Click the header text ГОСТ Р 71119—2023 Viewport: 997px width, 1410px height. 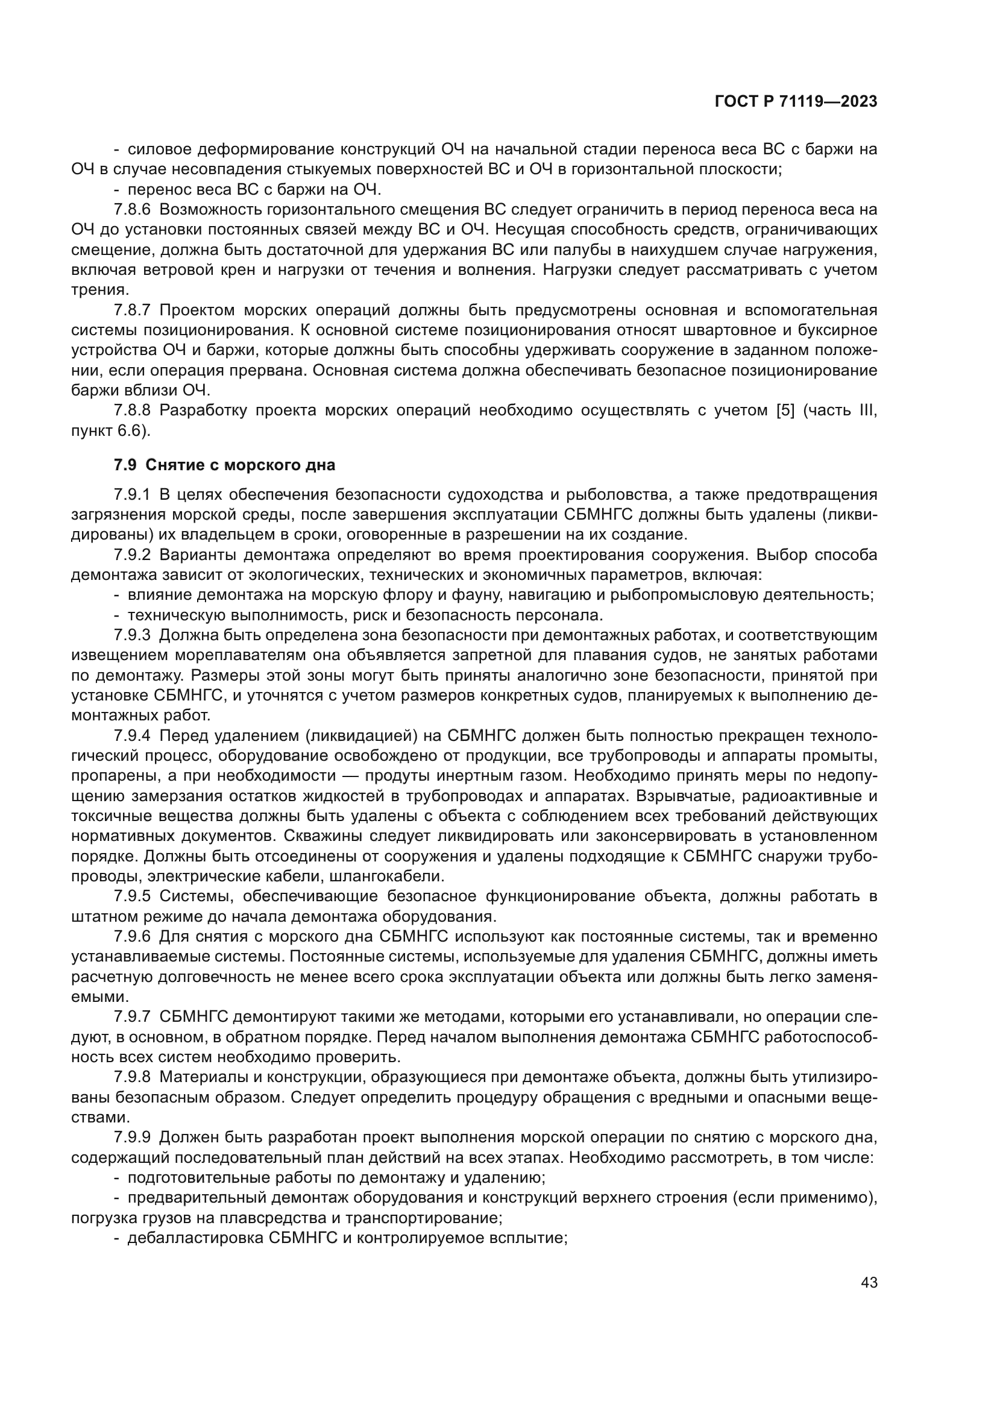click(x=796, y=101)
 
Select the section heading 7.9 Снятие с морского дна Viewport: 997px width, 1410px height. click(x=224, y=465)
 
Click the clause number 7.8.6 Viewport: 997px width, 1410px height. click(x=132, y=210)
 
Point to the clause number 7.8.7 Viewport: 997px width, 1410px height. click(x=132, y=310)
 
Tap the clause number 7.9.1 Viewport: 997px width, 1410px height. click(x=132, y=495)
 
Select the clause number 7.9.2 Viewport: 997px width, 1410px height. click(x=132, y=555)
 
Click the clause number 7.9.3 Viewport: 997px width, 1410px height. click(x=132, y=635)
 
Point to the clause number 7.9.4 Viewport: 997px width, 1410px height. click(x=132, y=735)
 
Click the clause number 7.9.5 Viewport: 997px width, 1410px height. click(x=132, y=896)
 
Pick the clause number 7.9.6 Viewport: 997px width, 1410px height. click(x=132, y=937)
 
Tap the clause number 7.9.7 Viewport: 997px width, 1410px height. click(x=132, y=1016)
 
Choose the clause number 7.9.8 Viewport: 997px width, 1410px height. click(x=132, y=1077)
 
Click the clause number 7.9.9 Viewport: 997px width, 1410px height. click(x=132, y=1138)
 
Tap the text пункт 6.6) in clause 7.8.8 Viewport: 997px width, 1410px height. click(x=110, y=430)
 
